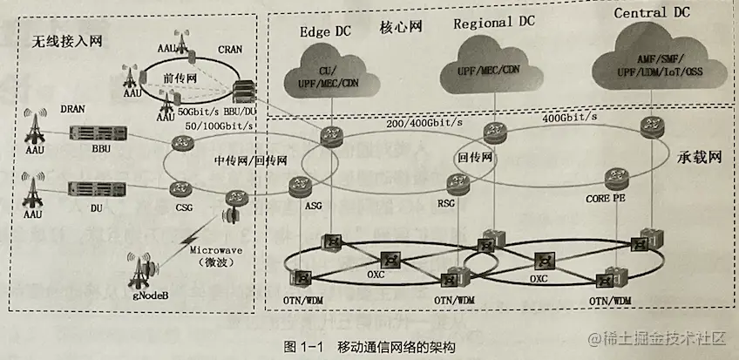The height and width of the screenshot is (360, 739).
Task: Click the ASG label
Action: pyautogui.click(x=314, y=207)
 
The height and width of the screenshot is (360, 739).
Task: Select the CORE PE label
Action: pyautogui.click(x=607, y=200)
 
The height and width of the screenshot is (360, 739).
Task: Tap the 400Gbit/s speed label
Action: pyautogui.click(x=571, y=117)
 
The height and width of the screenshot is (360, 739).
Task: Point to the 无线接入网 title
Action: pyautogui.click(x=63, y=41)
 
